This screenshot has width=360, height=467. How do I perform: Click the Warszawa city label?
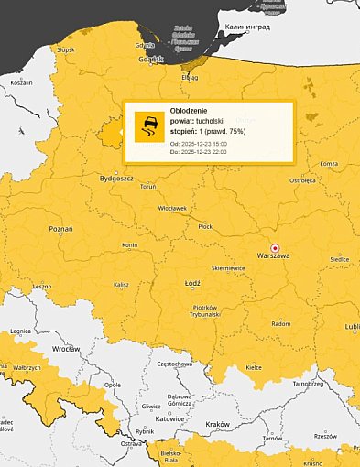coord(273,255)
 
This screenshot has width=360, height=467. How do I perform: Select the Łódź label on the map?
coord(192,284)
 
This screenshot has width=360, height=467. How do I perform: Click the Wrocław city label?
coord(65,350)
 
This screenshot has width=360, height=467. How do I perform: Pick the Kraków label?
coord(216,424)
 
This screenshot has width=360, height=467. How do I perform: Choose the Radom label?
coord(282,323)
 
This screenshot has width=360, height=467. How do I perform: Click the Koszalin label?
coord(20,82)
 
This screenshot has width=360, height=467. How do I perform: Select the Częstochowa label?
coord(174,364)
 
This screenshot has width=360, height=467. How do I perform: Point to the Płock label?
coord(205,225)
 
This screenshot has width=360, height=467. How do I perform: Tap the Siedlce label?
coord(339,260)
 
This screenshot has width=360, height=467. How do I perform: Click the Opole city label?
coord(112,386)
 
